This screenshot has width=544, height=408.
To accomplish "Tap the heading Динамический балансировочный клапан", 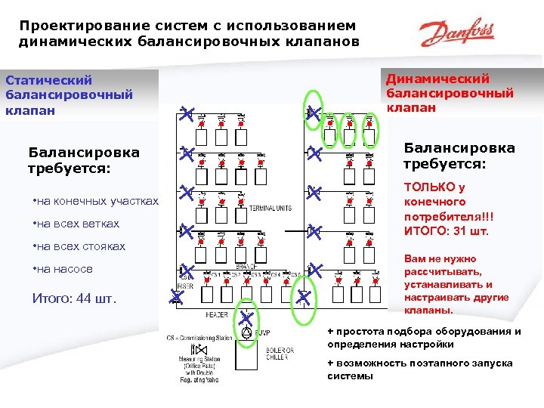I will (x=450, y=93).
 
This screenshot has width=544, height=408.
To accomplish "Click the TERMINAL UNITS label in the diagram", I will (x=271, y=207).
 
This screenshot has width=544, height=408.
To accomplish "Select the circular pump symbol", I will (x=247, y=332).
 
